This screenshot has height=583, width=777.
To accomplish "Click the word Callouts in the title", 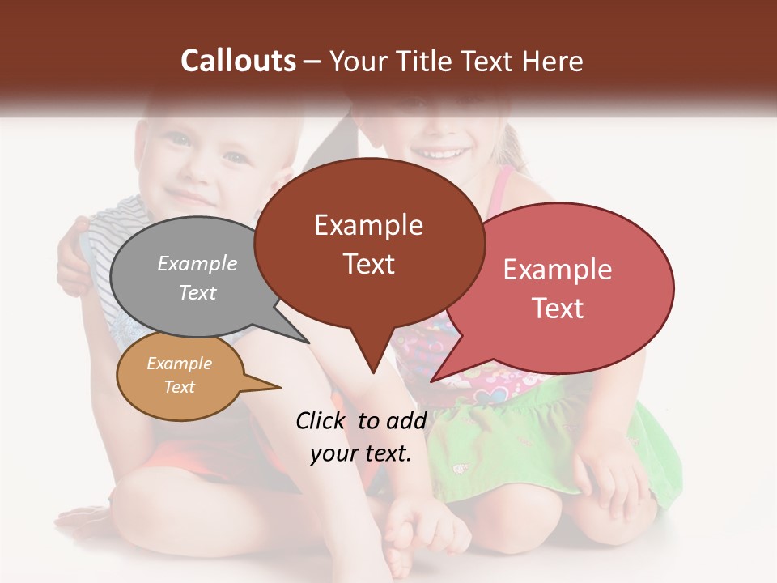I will [238, 61].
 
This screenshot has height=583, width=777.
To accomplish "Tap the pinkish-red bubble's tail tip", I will [433, 380].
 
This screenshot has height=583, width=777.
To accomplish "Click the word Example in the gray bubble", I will [197, 263].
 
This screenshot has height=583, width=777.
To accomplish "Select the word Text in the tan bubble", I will [180, 387].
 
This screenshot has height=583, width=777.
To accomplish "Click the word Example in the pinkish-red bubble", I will [558, 270].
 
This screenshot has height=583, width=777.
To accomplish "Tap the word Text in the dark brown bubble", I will [369, 264].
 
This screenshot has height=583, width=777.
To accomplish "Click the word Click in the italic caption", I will [322, 420].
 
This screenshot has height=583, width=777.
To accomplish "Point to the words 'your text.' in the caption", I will [361, 453].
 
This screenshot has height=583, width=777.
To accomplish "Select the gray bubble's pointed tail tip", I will [308, 342].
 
